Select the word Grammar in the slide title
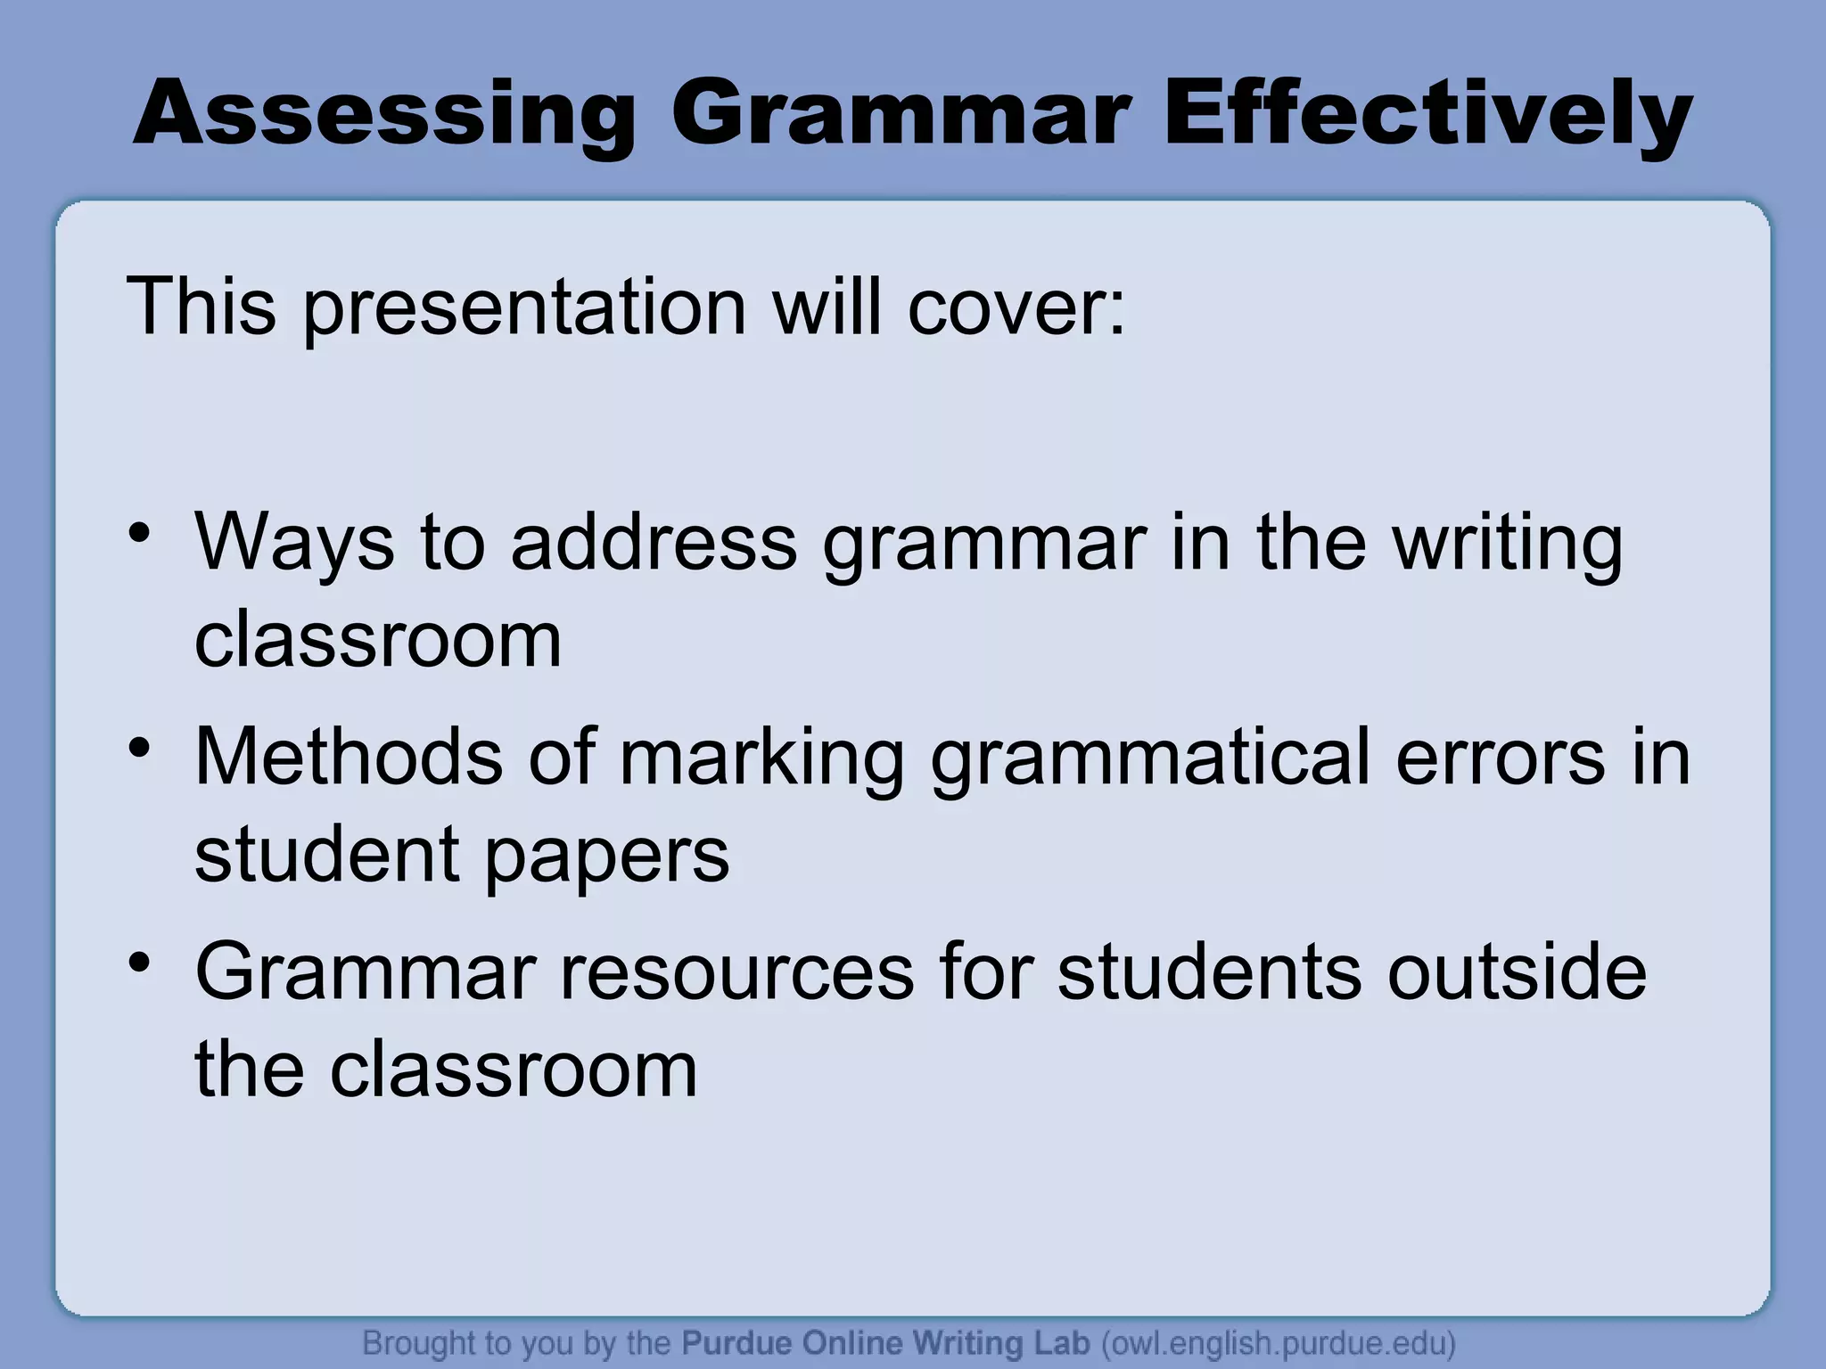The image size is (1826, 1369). [901, 115]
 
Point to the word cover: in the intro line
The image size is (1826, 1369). [1016, 307]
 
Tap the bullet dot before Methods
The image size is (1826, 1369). [139, 748]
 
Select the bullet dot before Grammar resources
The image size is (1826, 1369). [139, 963]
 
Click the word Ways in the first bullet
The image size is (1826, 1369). [294, 544]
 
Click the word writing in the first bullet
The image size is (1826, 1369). [1508, 544]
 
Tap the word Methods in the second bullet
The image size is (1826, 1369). [349, 757]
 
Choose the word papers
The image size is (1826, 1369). [607, 857]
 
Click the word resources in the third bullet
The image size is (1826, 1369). [736, 973]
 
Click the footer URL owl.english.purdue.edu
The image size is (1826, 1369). [1279, 1342]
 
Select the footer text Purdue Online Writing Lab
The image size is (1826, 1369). [885, 1342]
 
